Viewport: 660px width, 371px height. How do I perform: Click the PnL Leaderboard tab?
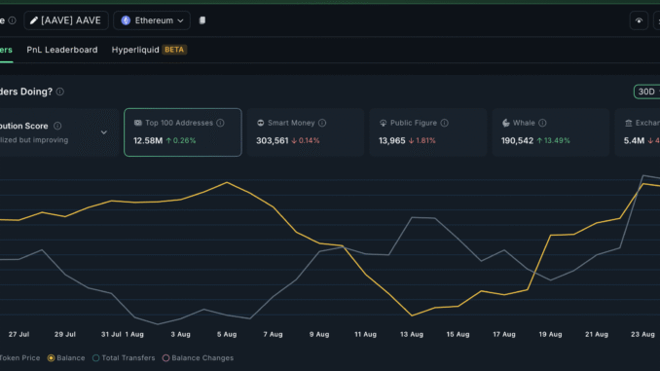61,50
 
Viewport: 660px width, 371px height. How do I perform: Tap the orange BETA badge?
174,50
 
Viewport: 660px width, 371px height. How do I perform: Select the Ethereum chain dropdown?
152,19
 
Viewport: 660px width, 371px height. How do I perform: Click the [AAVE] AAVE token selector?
66,19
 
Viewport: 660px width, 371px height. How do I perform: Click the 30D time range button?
645,92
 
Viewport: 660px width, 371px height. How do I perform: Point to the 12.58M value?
149,141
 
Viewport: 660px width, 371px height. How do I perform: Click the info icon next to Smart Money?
322,124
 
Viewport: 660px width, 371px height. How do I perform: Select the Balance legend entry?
66,358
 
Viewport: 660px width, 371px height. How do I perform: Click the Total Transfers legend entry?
124,358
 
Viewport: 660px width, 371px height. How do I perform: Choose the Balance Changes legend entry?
200,358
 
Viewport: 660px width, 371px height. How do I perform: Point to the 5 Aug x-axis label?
226,334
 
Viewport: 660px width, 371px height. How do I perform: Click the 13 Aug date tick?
412,334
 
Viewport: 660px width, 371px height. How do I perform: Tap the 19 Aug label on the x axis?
549,334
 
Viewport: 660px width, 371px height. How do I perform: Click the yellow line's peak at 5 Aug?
227,182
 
